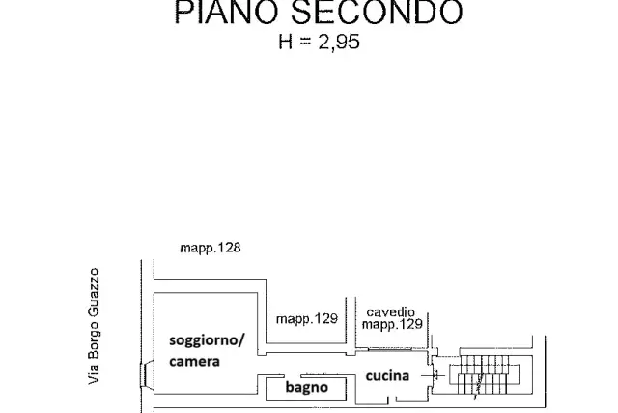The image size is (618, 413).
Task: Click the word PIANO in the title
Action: [x=228, y=12]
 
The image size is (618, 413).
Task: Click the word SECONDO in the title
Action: [x=377, y=12]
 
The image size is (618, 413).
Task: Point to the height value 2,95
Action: [x=339, y=42]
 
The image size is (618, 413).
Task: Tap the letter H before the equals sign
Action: [x=286, y=42]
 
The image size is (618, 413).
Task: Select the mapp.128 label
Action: [x=211, y=248]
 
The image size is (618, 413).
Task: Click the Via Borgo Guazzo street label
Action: [x=94, y=326]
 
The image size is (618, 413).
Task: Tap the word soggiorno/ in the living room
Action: [x=207, y=340]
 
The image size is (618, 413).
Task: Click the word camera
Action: [x=194, y=361]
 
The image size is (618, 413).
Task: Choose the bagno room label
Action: [x=307, y=387]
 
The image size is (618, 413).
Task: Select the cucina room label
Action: [x=387, y=375]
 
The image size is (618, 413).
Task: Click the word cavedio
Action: [x=390, y=312]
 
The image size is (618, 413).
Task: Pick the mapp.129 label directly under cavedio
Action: [x=392, y=324]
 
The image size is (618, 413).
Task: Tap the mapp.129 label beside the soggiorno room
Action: [x=307, y=318]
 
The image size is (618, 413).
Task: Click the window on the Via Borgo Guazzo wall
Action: [x=145, y=375]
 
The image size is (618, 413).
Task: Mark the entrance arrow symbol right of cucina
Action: [x=434, y=375]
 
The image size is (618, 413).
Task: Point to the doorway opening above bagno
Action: [x=293, y=375]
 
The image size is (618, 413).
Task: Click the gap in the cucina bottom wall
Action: [x=392, y=400]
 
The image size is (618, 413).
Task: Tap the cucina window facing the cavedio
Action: [x=390, y=349]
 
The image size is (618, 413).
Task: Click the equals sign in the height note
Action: [x=305, y=41]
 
